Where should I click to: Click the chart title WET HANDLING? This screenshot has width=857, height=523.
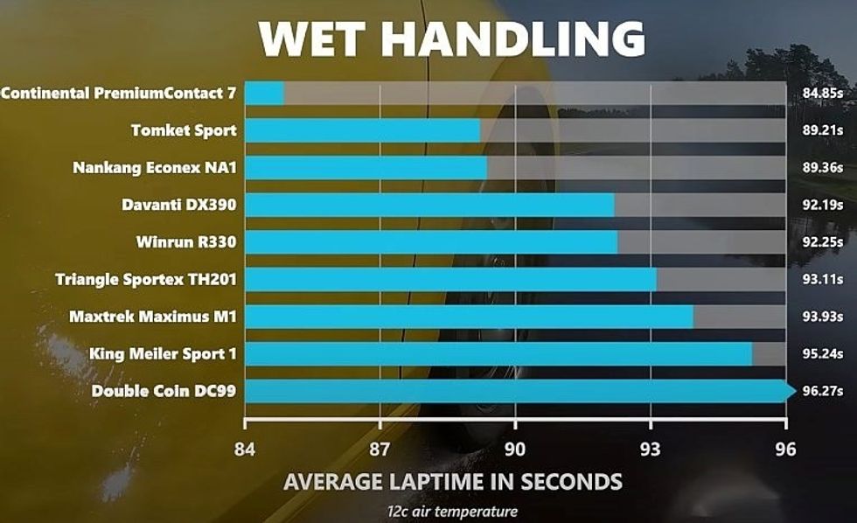click(x=452, y=38)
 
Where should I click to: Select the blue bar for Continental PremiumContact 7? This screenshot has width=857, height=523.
click(x=264, y=93)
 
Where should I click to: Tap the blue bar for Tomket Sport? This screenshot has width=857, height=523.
click(x=362, y=130)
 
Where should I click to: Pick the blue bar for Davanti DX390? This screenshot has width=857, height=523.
click(x=428, y=205)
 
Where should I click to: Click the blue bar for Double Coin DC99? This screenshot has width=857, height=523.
click(x=516, y=391)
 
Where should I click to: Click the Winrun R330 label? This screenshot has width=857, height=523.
click(x=186, y=242)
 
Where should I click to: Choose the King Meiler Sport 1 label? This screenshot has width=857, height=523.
click(x=163, y=354)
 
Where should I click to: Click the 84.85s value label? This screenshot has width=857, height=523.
click(x=822, y=93)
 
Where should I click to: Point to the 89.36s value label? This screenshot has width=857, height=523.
click(x=822, y=168)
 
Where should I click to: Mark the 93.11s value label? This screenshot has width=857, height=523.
click(x=822, y=280)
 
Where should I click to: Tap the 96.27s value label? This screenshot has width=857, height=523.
click(x=822, y=391)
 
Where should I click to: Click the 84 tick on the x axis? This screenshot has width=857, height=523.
click(x=245, y=449)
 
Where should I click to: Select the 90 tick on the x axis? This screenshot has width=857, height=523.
click(x=516, y=449)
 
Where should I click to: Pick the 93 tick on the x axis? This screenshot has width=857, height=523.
click(x=651, y=449)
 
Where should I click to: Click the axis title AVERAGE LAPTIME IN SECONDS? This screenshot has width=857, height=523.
click(x=453, y=482)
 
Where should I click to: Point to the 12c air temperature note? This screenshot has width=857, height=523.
click(x=453, y=512)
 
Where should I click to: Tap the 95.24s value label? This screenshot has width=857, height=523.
click(x=822, y=354)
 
